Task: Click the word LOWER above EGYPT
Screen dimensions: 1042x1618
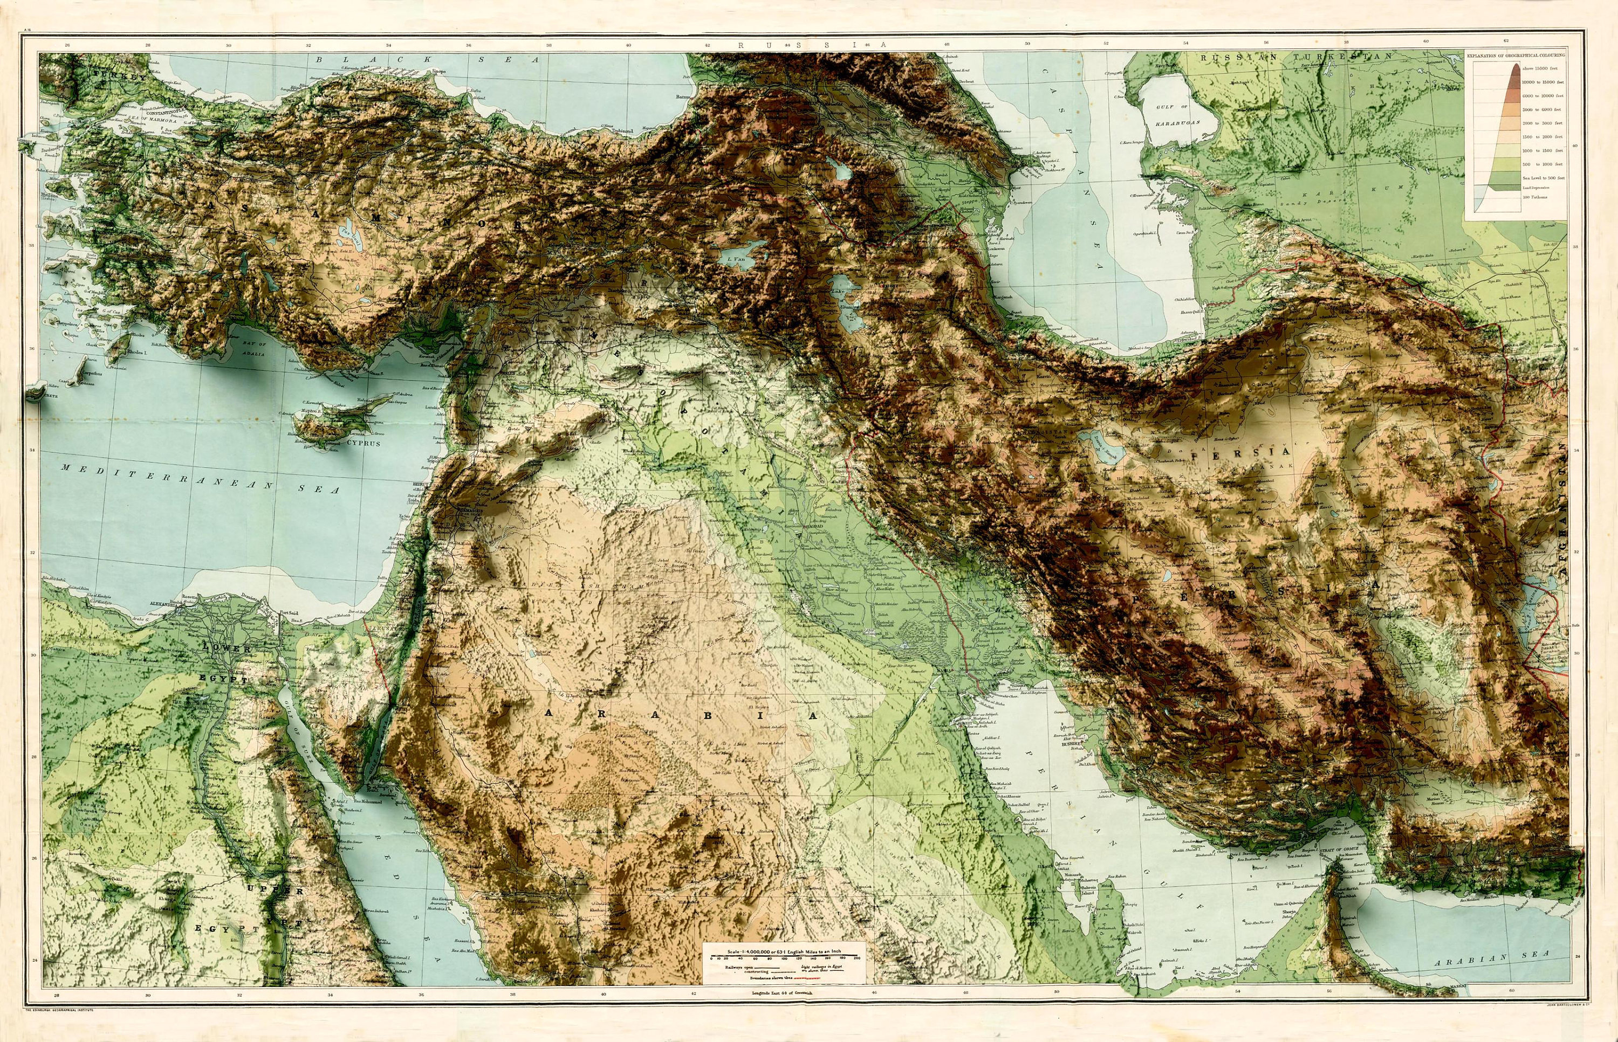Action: click(228, 648)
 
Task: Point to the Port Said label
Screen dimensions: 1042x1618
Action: click(289, 613)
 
